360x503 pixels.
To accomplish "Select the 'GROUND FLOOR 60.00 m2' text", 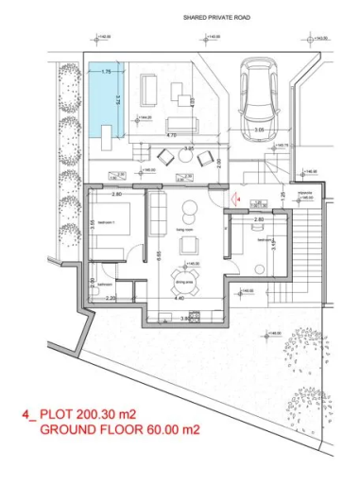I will (128, 429).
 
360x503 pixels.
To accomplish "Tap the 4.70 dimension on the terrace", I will (171, 135).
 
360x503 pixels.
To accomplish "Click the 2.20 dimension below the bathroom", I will (110, 298).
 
